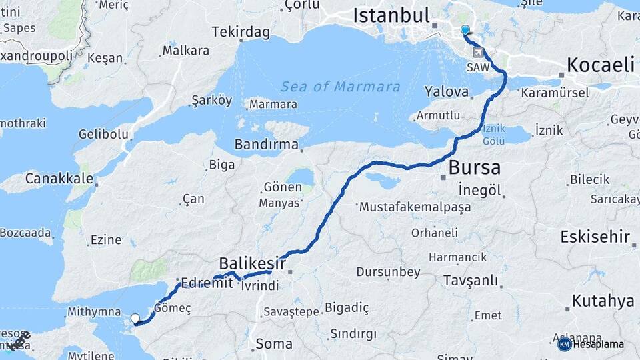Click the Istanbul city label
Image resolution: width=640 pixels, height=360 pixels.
[391, 15]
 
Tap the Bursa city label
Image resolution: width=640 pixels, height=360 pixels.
[474, 167]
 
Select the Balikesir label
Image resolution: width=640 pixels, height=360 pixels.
[253, 263]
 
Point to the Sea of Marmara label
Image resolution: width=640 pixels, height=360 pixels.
[340, 87]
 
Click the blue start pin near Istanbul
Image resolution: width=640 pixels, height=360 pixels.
[465, 29]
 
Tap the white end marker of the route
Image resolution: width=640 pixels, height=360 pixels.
[135, 319]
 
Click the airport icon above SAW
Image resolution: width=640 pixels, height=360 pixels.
[478, 52]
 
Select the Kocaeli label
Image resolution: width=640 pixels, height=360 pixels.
[600, 65]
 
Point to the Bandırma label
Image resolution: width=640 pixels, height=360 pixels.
[266, 145]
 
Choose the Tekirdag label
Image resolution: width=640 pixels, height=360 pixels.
[241, 32]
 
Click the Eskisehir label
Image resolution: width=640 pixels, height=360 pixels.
[595, 237]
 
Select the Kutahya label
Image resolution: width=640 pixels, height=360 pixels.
[603, 301]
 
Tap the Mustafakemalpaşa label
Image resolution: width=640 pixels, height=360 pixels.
[415, 207]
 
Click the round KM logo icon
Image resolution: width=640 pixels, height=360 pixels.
[564, 344]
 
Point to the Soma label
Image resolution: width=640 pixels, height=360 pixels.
[274, 344]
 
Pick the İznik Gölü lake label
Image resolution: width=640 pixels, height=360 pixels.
[494, 135]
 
